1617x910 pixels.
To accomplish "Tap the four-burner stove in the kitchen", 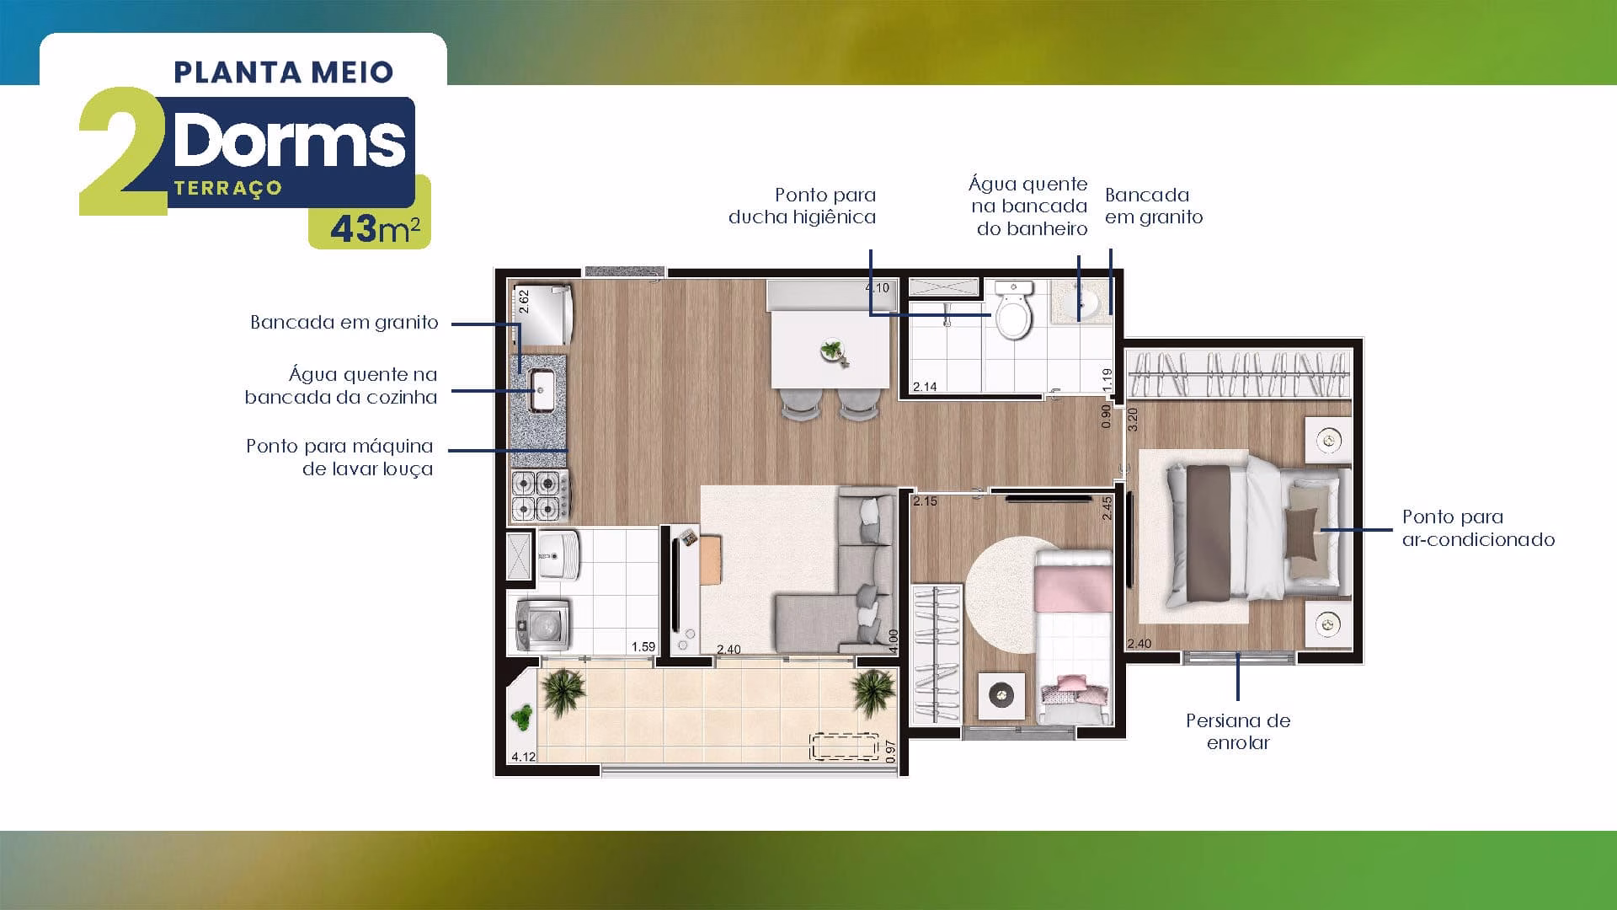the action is point(539,495).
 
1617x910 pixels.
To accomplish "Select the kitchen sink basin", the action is point(541,390).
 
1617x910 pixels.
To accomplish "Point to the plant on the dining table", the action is point(835,350).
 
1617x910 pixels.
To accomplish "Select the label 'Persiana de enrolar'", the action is point(1238,731).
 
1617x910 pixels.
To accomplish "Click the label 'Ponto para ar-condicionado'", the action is point(1478,528).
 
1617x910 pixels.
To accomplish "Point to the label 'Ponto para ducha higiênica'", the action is point(802,206).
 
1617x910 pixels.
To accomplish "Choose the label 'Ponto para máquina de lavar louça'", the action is point(340,458).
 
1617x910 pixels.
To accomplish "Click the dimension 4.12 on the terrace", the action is point(524,757).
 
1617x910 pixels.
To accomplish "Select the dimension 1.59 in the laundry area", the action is point(643,647).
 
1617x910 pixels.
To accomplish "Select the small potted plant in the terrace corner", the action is point(522,717).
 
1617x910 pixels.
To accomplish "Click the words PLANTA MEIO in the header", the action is point(284,72).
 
